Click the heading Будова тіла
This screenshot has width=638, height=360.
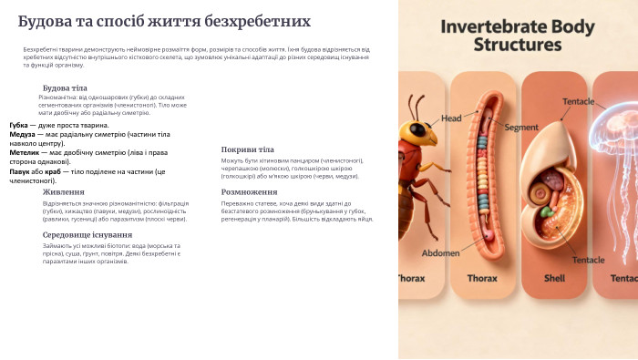point(65,87)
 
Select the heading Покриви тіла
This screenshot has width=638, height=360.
point(247,149)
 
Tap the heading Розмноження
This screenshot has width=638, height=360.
point(249,192)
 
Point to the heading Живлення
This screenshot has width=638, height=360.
point(64,192)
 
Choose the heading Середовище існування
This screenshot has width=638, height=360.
point(87,234)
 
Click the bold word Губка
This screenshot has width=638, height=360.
point(19,125)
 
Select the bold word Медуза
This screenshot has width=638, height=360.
point(23,134)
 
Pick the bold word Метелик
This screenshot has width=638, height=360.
point(25,152)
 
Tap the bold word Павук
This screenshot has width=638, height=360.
point(20,171)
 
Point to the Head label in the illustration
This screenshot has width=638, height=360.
point(451,118)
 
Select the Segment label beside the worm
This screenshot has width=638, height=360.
point(521,127)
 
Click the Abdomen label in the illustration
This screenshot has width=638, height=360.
point(441,252)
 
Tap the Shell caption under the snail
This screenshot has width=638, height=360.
point(554,279)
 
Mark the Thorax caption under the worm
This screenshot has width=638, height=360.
point(482,279)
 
